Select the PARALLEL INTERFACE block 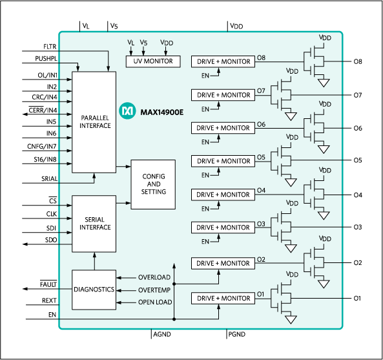click(94, 122)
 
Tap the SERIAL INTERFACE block click(94, 224)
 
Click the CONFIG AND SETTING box click(153, 184)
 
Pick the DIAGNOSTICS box click(94, 290)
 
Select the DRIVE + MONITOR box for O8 click(223, 61)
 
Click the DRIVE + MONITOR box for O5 click(223, 161)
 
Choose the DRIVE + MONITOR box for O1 click(223, 298)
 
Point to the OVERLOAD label click(154, 277)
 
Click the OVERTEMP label click(154, 290)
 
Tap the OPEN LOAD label click(154, 302)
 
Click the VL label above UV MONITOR click(130, 43)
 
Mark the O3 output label click(261, 224)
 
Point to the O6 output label click(261, 124)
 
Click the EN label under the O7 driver click(205, 109)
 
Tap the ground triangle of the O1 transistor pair click(291, 319)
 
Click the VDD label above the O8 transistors click(325, 38)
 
